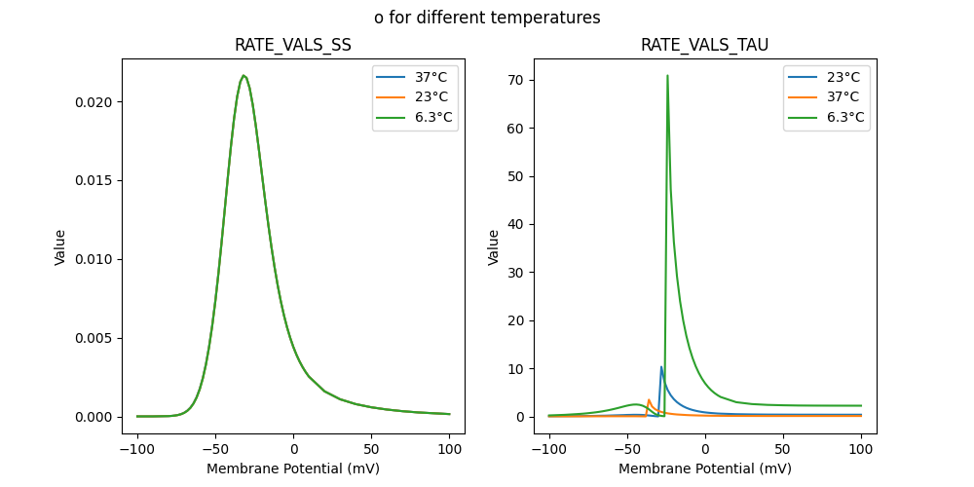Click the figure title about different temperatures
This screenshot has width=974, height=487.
[x=487, y=18]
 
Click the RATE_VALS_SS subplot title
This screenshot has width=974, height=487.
[x=293, y=45]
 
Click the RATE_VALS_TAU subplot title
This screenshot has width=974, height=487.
[x=704, y=45]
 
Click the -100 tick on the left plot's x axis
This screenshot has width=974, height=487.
[x=137, y=449]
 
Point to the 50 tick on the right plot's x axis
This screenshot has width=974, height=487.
[x=783, y=449]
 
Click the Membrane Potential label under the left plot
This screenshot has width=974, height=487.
[x=293, y=468]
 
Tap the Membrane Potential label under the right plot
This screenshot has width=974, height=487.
[x=704, y=468]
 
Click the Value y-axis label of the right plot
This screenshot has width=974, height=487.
[x=494, y=246]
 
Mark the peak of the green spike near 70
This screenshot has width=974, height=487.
[x=667, y=75]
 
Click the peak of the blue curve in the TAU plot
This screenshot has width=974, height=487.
[x=661, y=367]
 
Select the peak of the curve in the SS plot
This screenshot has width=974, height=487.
[x=243, y=75]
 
